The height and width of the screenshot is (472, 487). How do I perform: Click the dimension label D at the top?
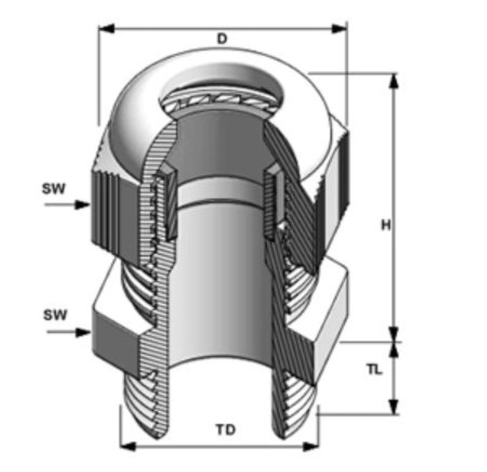(x=222, y=38)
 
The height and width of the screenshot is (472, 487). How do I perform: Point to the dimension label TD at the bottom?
(x=225, y=430)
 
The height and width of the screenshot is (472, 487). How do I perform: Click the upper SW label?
(x=54, y=188)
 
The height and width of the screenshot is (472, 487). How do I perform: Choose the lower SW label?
(x=55, y=315)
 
